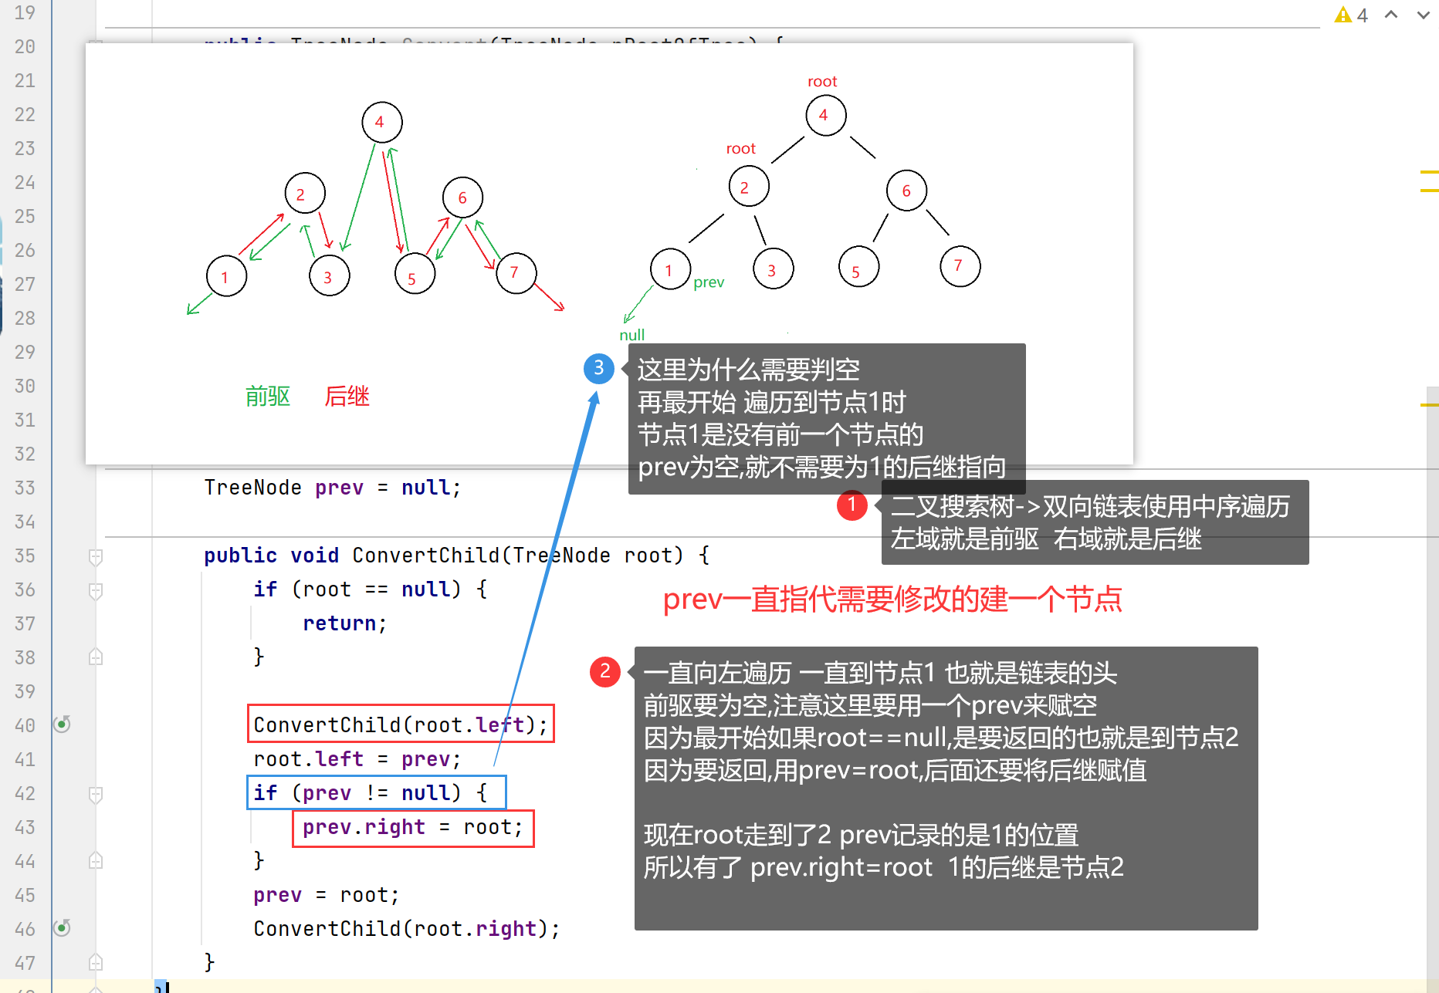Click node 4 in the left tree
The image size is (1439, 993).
[381, 122]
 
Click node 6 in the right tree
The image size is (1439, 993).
[906, 191]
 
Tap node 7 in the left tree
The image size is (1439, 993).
[516, 272]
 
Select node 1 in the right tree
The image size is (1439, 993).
[669, 269]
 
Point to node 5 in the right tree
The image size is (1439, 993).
[858, 268]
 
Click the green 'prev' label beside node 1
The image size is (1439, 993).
[709, 282]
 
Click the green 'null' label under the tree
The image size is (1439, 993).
[631, 335]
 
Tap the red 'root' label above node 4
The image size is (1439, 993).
[822, 82]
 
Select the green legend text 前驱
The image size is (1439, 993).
[268, 397]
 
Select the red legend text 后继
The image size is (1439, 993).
[347, 397]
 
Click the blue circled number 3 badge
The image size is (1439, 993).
[599, 369]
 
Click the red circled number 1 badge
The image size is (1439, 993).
[852, 505]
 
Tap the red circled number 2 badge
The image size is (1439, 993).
[605, 671]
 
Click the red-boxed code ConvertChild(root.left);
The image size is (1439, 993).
[400, 724]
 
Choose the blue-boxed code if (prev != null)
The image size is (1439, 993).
[376, 793]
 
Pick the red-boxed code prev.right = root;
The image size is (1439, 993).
[413, 828]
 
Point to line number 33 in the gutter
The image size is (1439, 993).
[25, 488]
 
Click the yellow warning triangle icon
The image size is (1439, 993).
[1343, 15]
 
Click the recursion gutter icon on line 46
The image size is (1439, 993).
[62, 927]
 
